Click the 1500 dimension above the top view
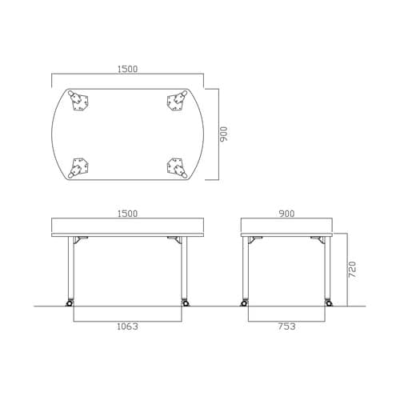tap(128, 69)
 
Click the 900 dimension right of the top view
tap(223, 134)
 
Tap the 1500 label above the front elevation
tap(128, 214)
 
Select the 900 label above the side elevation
tap(286, 214)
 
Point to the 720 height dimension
tap(352, 270)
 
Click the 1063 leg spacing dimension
tap(128, 326)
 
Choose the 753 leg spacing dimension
tap(286, 326)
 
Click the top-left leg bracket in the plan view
tap(79, 101)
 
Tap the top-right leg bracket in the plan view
tap(177, 101)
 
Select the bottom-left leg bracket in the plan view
tap(79, 168)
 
